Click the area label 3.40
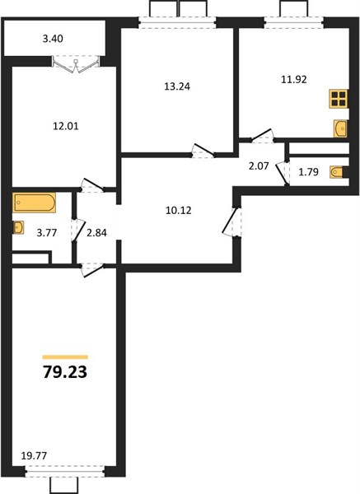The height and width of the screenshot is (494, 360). pyautogui.click(x=53, y=39)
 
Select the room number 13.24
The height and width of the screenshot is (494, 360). pyautogui.click(x=177, y=86)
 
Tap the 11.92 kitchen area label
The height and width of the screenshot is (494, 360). pyautogui.click(x=294, y=79)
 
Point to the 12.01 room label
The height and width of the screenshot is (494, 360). pyautogui.click(x=66, y=126)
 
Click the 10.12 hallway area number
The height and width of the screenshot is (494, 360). pyautogui.click(x=179, y=210)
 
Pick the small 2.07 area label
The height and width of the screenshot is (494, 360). pyautogui.click(x=259, y=166)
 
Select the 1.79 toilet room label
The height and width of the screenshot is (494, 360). pyautogui.click(x=308, y=172)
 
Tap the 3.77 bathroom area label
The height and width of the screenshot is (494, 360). pyautogui.click(x=47, y=233)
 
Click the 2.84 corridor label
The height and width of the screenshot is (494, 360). pyautogui.click(x=96, y=233)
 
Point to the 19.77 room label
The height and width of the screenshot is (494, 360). pyautogui.click(x=34, y=455)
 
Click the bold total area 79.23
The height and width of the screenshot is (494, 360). pyautogui.click(x=65, y=372)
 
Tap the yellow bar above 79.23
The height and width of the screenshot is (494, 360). pyautogui.click(x=65, y=357)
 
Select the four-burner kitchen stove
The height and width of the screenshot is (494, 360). pyautogui.click(x=339, y=99)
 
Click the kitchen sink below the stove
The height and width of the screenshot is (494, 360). pyautogui.click(x=340, y=128)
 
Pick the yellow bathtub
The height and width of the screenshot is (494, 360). pyautogui.click(x=35, y=203)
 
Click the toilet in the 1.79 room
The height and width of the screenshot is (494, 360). pyautogui.click(x=339, y=172)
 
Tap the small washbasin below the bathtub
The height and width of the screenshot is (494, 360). pyautogui.click(x=18, y=227)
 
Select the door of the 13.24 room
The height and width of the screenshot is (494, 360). pyautogui.click(x=203, y=151)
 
